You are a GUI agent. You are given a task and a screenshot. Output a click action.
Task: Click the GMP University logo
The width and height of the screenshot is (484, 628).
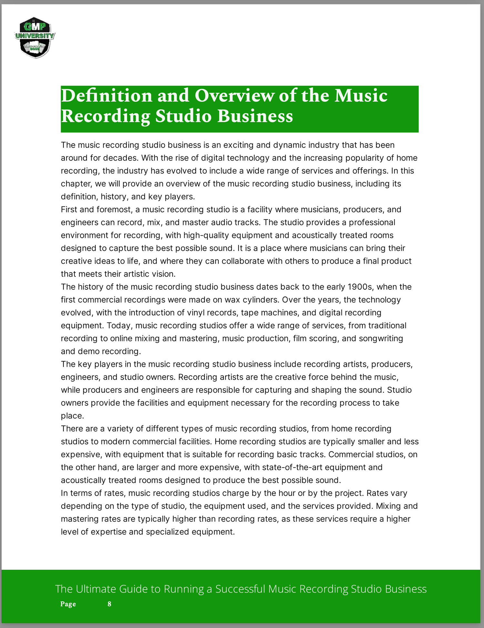click(35, 37)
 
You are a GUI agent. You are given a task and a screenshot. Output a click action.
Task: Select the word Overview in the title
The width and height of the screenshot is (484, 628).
click(234, 96)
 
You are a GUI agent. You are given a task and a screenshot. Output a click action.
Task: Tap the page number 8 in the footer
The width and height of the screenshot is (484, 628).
click(109, 604)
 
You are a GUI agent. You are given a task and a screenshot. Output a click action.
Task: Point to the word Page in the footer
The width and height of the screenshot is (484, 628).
click(68, 604)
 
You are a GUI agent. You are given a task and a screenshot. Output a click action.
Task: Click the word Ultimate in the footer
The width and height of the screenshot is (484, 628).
click(96, 589)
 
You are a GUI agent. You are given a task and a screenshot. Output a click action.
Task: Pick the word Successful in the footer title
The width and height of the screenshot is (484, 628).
click(240, 589)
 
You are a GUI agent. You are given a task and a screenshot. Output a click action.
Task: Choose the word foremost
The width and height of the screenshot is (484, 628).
click(115, 210)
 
